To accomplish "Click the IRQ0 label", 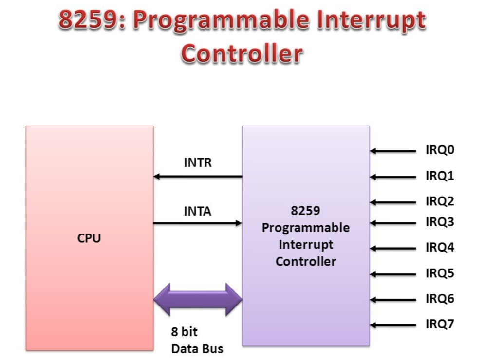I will pos(440,150).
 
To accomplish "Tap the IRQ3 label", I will pos(440,222).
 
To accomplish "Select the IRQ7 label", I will pos(440,324).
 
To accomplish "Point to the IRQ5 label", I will pos(440,273).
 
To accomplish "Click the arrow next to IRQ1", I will pos(393,177).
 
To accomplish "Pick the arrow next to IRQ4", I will pos(393,248).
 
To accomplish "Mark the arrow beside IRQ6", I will pos(393,299).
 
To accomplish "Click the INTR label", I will pos(198,163).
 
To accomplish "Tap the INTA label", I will pos(198,212).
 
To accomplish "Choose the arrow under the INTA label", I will pos(198,223).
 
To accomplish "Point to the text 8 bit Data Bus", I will pos(197,341).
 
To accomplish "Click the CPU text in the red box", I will pos(89,239).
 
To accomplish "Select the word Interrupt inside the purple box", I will pos(306,244).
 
